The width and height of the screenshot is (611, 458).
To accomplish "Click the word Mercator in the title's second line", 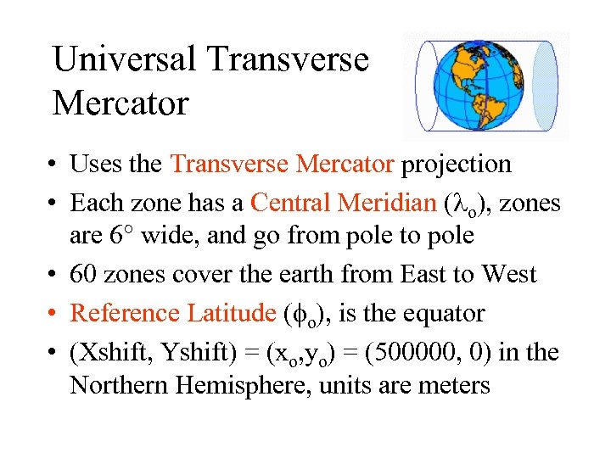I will coord(120,104).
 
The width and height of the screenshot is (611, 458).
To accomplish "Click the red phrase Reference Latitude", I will coord(172,313).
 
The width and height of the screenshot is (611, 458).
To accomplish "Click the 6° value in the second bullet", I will coord(120,236).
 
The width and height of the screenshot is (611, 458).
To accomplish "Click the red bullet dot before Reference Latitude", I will coord(56,314).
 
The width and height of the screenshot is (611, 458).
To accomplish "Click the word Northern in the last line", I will coord(119,386).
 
